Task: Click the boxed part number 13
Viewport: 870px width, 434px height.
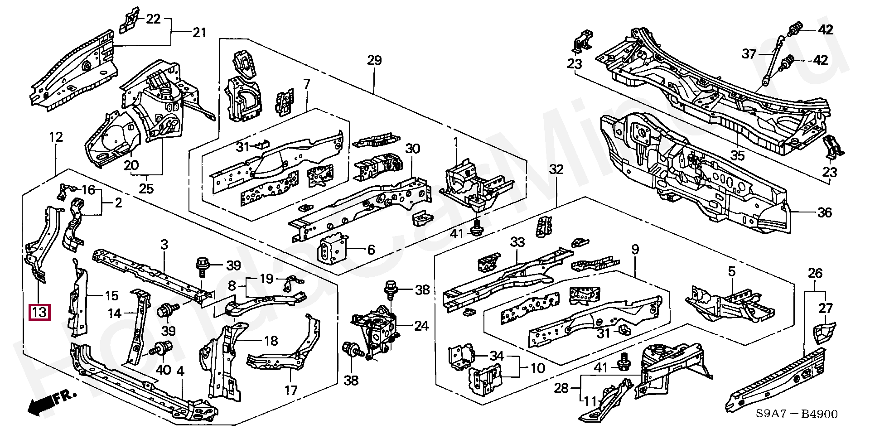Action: click(x=39, y=313)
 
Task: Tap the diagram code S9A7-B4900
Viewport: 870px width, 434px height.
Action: click(x=796, y=414)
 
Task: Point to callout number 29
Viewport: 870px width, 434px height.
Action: click(x=374, y=61)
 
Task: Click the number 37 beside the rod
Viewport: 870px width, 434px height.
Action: click(x=749, y=55)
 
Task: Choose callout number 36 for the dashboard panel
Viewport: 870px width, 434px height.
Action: click(x=825, y=212)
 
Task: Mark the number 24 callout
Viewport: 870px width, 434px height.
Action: click(x=421, y=326)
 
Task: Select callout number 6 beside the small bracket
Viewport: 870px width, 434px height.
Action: click(x=371, y=250)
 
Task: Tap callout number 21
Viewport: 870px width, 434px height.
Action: click(x=199, y=33)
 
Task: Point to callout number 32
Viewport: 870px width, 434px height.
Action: click(x=556, y=170)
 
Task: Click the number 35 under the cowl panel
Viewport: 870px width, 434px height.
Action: click(x=737, y=156)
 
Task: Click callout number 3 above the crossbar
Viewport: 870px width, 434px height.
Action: click(x=164, y=245)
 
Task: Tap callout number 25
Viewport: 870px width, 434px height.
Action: click(x=146, y=188)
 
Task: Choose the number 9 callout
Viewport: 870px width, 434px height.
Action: click(x=635, y=249)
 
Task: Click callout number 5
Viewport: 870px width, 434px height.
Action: click(x=731, y=272)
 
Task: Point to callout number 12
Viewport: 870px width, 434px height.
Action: click(x=56, y=137)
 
